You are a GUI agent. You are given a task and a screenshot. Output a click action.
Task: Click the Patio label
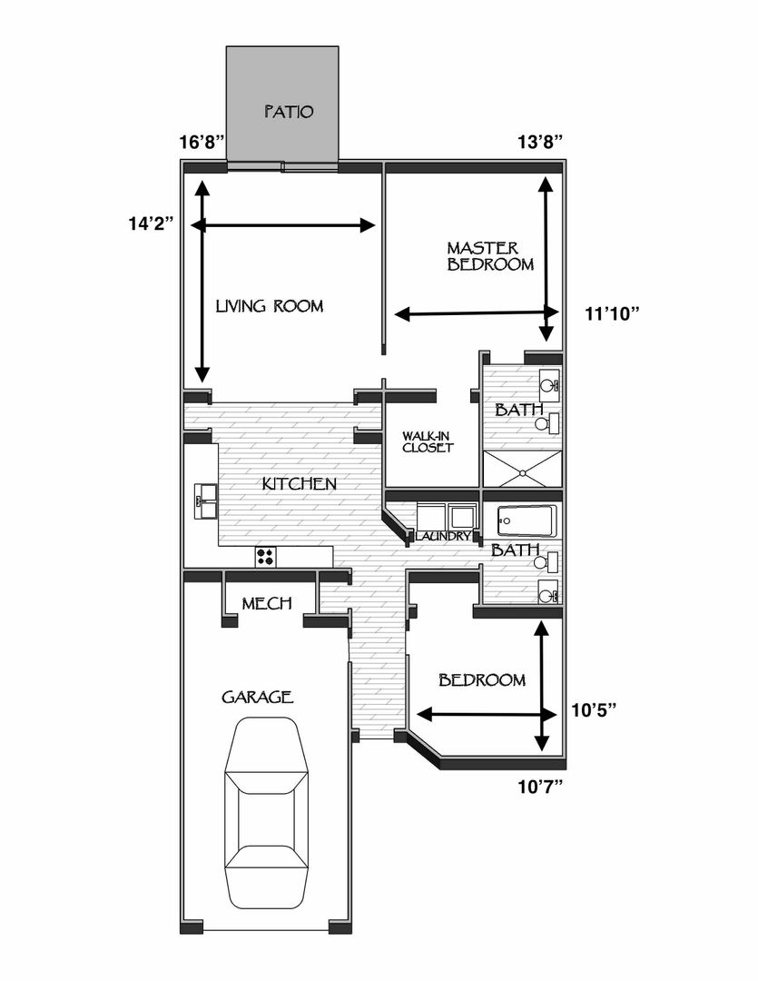click(289, 112)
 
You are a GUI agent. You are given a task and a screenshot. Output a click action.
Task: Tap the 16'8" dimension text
click(202, 142)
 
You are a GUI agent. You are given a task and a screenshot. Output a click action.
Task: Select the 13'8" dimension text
click(540, 142)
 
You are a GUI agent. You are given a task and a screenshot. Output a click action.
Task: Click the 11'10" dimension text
click(612, 313)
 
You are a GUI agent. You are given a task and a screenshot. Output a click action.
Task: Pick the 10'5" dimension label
click(594, 710)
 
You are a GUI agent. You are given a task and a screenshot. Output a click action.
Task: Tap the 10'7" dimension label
click(540, 787)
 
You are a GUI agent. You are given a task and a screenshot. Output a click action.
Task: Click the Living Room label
click(270, 306)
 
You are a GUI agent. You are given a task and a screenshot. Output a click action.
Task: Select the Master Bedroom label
click(490, 256)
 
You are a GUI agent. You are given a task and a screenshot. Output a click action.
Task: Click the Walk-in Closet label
click(428, 441)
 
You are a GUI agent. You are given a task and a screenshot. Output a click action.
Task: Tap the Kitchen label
click(300, 483)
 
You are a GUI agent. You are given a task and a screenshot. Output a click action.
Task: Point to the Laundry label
click(442, 536)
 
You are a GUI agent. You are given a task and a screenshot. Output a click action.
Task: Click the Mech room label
click(267, 603)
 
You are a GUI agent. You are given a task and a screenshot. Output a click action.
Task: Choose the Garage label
click(258, 697)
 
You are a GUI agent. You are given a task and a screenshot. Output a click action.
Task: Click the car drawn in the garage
click(267, 813)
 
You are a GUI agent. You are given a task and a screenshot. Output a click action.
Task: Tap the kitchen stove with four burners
click(266, 557)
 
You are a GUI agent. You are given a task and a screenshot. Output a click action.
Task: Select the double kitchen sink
click(205, 500)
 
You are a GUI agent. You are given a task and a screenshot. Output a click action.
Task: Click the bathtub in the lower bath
click(527, 520)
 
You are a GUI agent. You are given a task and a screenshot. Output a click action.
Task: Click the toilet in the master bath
click(546, 423)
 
